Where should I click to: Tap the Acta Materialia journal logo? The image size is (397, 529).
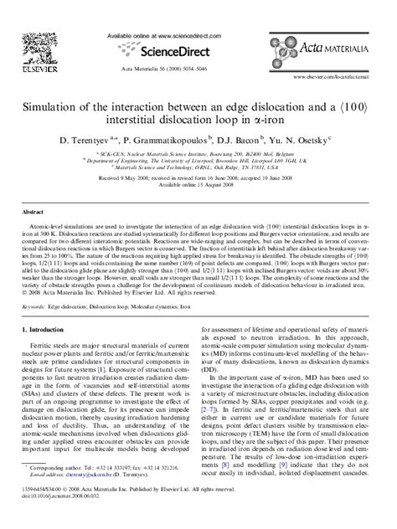[x=339, y=47]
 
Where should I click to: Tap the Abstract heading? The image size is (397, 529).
[x=34, y=213]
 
